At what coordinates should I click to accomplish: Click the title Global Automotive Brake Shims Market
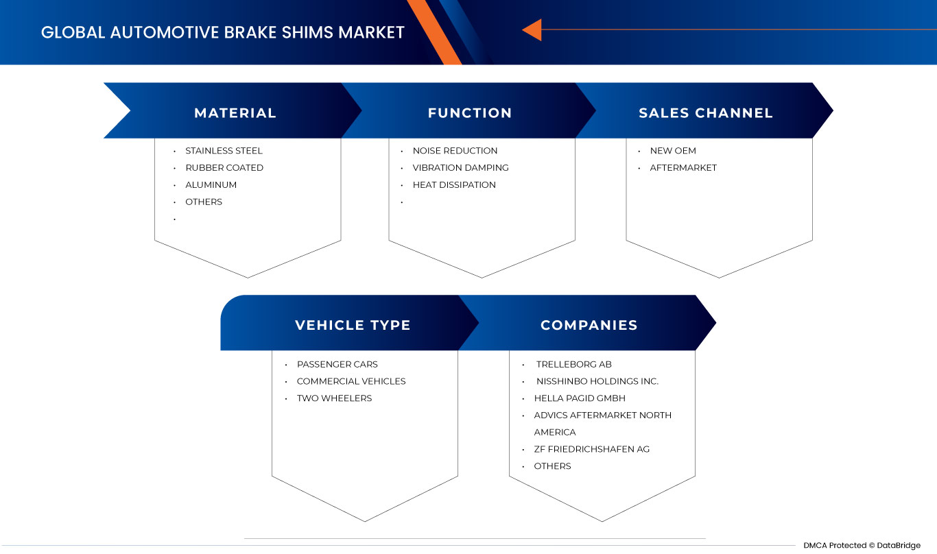pyautogui.click(x=223, y=32)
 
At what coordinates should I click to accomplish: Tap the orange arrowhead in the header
pyautogui.click(x=532, y=30)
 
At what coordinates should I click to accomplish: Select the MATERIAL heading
pyautogui.click(x=235, y=113)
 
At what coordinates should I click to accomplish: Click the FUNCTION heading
pyautogui.click(x=470, y=113)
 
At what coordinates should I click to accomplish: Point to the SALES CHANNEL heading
pyautogui.click(x=706, y=113)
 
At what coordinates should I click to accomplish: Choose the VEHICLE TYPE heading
pyautogui.click(x=353, y=325)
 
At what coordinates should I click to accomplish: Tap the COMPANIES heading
pyautogui.click(x=589, y=325)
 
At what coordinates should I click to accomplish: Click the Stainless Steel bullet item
pyautogui.click(x=224, y=151)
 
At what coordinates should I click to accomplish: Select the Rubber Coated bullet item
pyautogui.click(x=224, y=168)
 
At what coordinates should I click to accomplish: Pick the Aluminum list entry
pyautogui.click(x=211, y=185)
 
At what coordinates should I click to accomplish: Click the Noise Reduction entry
pyautogui.click(x=455, y=151)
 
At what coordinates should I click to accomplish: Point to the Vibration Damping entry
pyautogui.click(x=460, y=168)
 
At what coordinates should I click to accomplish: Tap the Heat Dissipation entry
pyautogui.click(x=454, y=185)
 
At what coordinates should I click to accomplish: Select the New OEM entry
pyautogui.click(x=673, y=151)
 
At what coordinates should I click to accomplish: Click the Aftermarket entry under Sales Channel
pyautogui.click(x=683, y=168)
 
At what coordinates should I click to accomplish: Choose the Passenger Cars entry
pyautogui.click(x=337, y=364)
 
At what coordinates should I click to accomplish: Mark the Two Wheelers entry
pyautogui.click(x=334, y=398)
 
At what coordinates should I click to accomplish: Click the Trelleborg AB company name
pyautogui.click(x=573, y=364)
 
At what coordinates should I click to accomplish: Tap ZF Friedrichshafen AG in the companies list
pyautogui.click(x=591, y=449)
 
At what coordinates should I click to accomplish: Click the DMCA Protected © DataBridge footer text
pyautogui.click(x=862, y=545)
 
